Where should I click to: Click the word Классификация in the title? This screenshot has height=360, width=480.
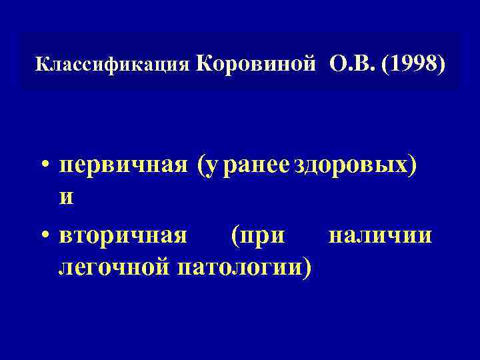point(113,65)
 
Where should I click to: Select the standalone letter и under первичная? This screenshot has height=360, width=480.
point(67,198)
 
